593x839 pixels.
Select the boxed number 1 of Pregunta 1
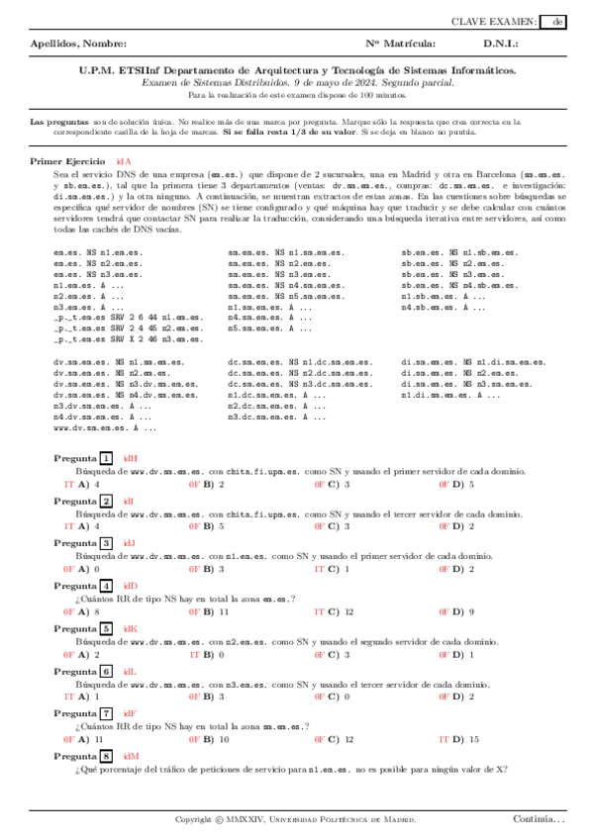106,458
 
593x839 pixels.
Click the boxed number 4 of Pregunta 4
106,587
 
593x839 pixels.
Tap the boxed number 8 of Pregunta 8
106,756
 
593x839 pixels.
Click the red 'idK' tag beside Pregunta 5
131,629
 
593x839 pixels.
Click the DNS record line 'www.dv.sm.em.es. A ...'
104,428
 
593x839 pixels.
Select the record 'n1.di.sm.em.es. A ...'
450,395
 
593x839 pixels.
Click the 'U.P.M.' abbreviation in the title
97,71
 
